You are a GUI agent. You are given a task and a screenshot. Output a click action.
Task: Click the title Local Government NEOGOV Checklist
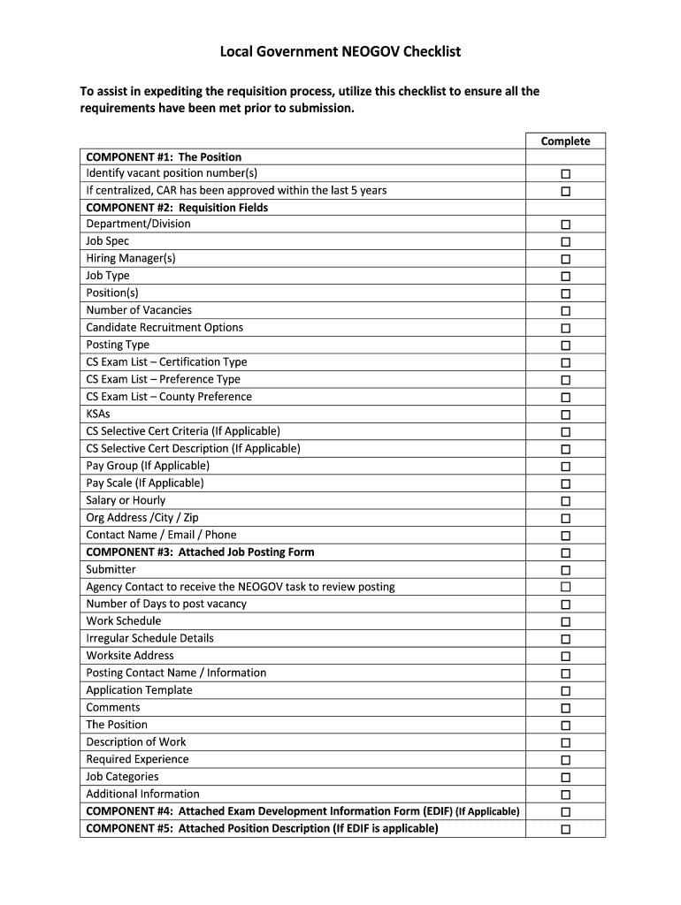click(340, 51)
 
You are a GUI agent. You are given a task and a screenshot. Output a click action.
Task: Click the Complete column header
click(565, 141)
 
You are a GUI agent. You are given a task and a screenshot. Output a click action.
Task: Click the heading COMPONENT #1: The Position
click(164, 157)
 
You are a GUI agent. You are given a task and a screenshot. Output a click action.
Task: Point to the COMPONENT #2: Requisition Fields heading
click(177, 208)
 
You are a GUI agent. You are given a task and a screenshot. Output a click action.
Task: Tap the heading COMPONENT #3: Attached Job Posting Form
click(200, 552)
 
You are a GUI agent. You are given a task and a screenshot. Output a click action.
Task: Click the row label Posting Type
click(118, 345)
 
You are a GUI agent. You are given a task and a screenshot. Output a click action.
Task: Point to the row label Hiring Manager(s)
click(131, 258)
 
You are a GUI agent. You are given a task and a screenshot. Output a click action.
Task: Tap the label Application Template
click(139, 690)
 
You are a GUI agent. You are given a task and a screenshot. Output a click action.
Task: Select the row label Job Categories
click(122, 777)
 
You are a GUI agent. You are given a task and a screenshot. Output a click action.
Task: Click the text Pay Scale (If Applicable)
click(145, 483)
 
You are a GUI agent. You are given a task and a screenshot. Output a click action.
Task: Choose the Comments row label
click(113, 708)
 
